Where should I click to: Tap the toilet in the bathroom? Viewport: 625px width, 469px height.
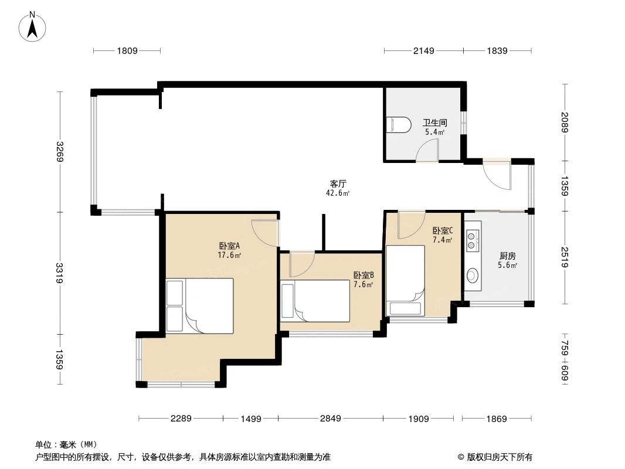click(x=400, y=124)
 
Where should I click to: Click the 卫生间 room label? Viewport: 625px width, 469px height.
click(x=435, y=123)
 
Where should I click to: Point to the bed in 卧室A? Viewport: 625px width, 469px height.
click(x=199, y=305)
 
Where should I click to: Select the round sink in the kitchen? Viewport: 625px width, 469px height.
click(x=473, y=276)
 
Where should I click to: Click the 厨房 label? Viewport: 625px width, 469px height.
click(x=507, y=257)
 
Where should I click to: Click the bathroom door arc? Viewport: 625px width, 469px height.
click(x=426, y=152)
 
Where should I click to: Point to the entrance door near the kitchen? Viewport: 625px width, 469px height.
click(x=496, y=176)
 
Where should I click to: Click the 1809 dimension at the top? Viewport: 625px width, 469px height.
click(x=127, y=51)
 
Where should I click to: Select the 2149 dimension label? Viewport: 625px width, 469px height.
click(x=423, y=51)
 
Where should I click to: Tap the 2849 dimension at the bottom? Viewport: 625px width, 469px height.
click(x=330, y=419)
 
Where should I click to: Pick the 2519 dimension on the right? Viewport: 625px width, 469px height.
click(x=565, y=257)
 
